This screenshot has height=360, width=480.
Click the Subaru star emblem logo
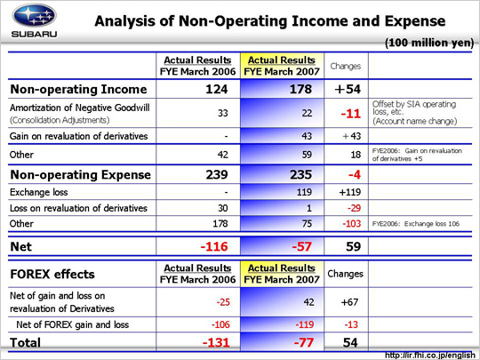[34, 15]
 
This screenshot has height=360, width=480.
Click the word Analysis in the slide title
[134, 21]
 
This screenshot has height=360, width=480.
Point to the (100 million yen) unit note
[429, 43]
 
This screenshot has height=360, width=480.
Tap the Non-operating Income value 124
[217, 89]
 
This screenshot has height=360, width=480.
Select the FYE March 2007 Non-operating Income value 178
[301, 89]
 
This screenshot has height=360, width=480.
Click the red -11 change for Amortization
[351, 114]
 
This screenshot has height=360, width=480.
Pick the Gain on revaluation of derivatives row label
[79, 136]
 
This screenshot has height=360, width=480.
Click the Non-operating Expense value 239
[217, 174]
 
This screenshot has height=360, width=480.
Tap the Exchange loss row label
[38, 192]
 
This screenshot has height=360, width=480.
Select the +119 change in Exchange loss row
[350, 192]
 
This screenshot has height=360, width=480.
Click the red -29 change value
[354, 208]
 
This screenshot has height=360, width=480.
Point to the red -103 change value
[352, 223]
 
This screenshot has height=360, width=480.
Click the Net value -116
[214, 246]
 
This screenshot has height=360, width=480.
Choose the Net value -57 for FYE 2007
[302, 246]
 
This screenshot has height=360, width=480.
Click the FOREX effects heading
[52, 275]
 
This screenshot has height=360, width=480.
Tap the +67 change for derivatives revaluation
[349, 302]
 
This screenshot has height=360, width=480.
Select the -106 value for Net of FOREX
[220, 324]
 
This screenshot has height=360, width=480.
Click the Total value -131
[216, 342]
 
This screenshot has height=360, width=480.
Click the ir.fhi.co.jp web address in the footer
[430, 356]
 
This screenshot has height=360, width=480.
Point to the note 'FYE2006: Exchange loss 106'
[416, 224]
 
